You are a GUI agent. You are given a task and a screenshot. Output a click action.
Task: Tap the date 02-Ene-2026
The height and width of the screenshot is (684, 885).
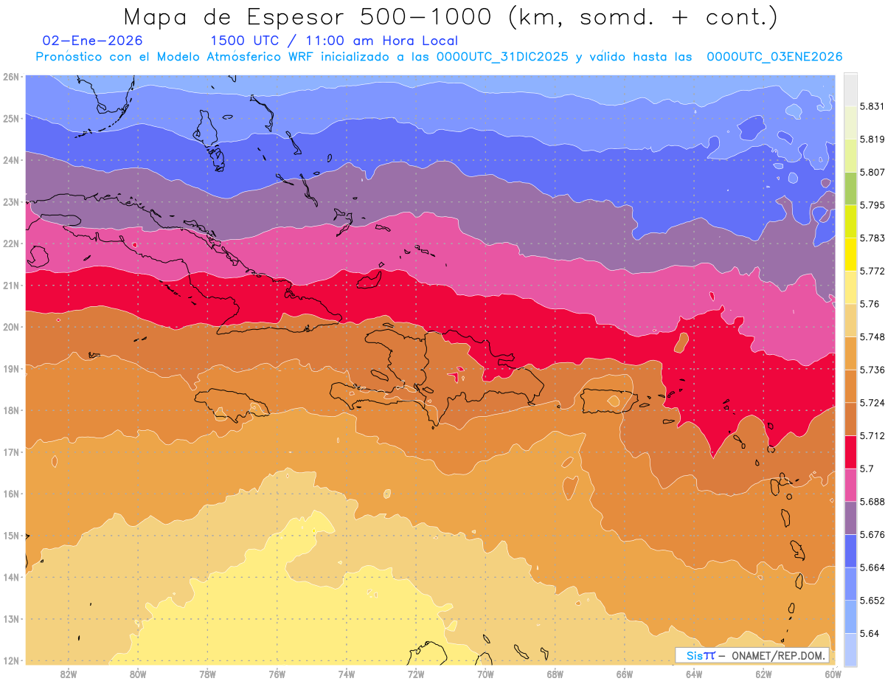coord(93,41)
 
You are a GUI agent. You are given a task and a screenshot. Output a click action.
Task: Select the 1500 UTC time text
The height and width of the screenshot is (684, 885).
coord(244,41)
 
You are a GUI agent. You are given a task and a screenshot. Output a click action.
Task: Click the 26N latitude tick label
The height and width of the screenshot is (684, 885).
coord(11,76)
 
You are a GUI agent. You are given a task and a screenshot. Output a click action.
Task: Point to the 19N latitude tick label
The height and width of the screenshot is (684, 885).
coord(11,368)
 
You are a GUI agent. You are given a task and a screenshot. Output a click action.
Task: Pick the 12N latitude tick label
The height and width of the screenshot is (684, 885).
coord(11,660)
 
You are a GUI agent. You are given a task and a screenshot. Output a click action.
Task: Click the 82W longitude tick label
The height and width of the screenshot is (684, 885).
coord(69,674)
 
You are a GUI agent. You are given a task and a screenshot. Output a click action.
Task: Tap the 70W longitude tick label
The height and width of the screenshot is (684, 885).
coord(485,674)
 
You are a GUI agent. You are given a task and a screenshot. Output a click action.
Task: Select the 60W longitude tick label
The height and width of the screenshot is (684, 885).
coord(833,674)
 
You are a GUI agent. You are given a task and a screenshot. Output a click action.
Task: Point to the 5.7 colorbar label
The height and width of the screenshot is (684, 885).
coord(861,469)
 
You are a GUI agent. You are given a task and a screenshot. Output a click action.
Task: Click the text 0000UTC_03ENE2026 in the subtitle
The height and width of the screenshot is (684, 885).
coord(774,57)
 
